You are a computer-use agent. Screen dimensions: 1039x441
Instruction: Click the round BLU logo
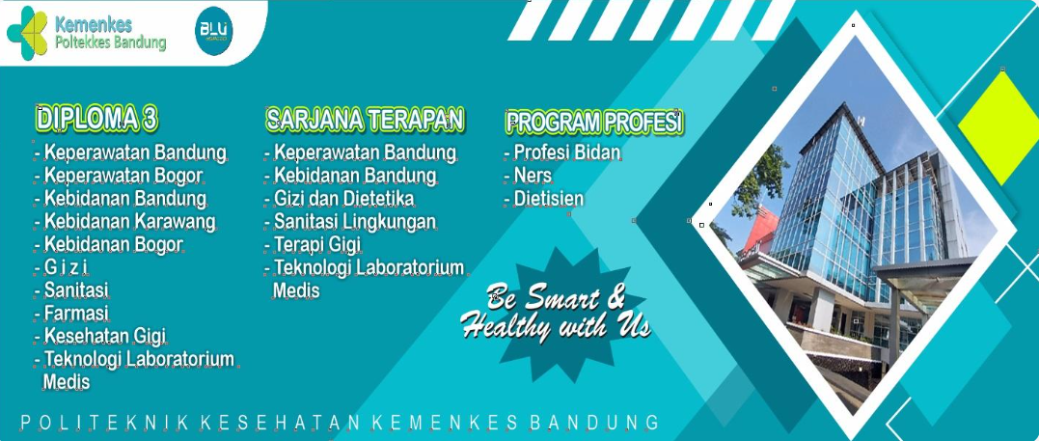coord(213,31)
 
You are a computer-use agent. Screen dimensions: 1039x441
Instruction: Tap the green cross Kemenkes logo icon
coord(27,33)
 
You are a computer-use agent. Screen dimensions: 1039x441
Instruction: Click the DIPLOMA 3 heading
coord(97,120)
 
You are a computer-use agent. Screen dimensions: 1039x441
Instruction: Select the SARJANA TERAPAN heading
coord(365,120)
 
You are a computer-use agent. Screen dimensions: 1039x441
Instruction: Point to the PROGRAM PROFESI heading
coord(594,122)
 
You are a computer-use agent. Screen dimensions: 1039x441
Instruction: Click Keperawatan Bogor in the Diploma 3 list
coord(123,176)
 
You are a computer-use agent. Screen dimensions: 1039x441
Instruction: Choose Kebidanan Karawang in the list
coord(130,221)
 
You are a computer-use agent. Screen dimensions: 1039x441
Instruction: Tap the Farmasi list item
coord(76,313)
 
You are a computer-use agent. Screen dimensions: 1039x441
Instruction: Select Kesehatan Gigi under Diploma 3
coord(105,336)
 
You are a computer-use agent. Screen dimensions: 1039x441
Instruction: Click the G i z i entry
coord(67,267)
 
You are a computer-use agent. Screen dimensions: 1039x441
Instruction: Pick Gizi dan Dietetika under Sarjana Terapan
coord(343,198)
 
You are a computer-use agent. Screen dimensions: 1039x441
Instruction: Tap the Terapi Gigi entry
coord(317,245)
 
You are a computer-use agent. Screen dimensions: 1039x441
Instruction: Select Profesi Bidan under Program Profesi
coord(567,152)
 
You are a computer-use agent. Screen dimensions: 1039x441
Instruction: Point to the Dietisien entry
coord(549,198)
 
